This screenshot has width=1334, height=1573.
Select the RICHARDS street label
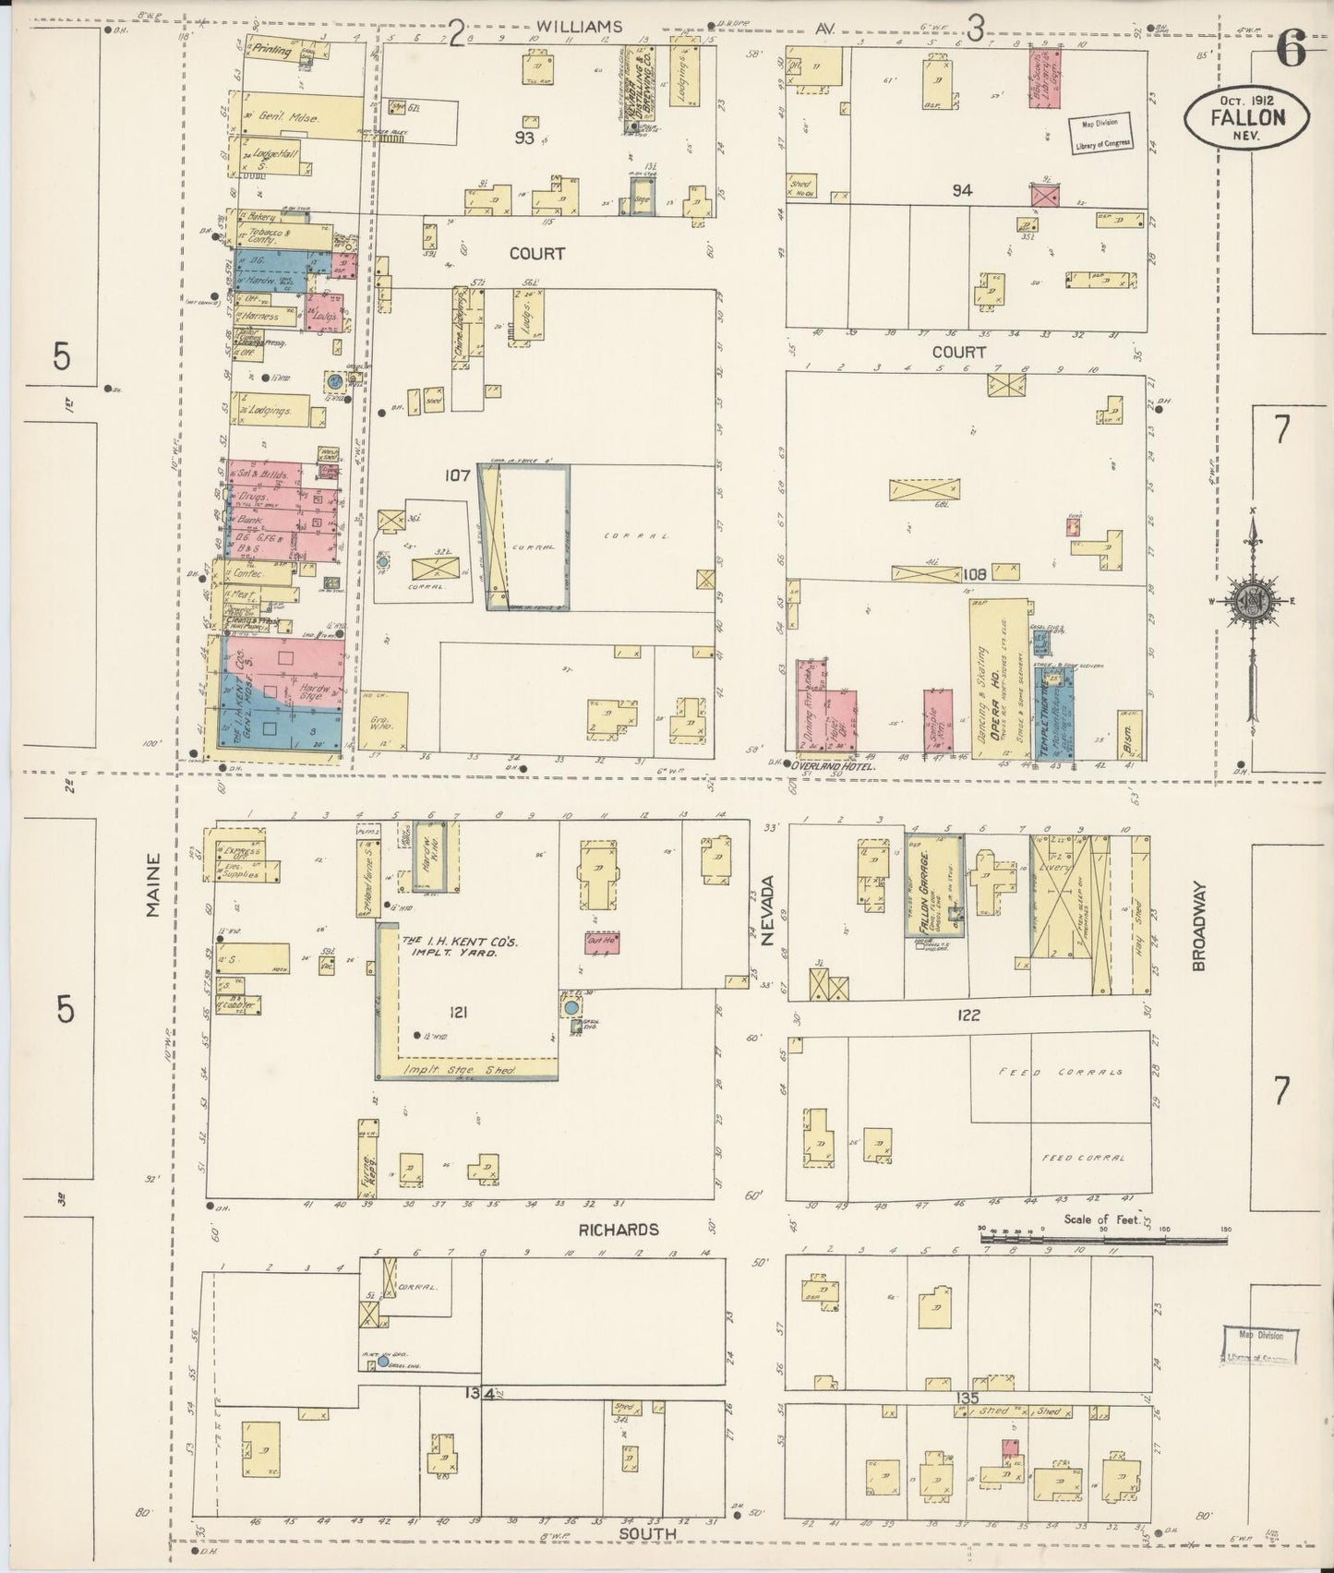click(x=619, y=1230)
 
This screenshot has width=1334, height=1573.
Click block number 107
click(x=457, y=475)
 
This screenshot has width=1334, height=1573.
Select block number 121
click(x=458, y=1013)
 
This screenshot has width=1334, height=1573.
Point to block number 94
click(x=963, y=190)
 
